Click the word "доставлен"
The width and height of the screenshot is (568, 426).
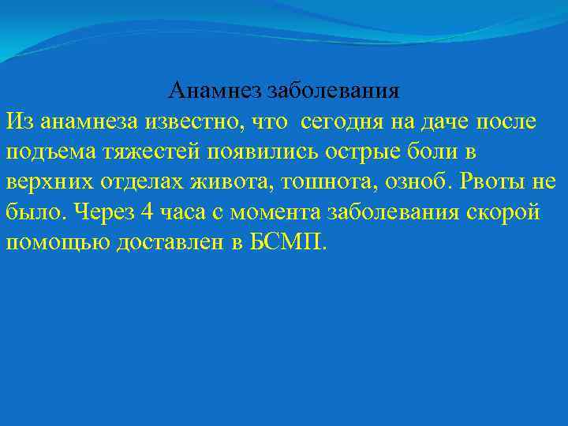159,241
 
